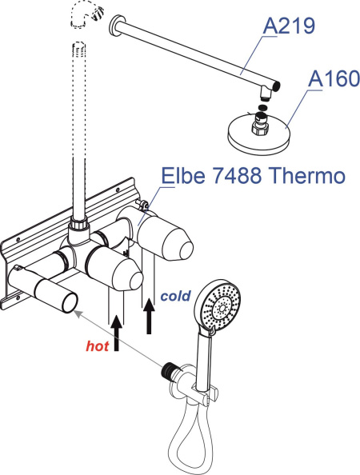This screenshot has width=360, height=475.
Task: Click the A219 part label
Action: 290,26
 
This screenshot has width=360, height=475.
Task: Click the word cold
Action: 174,296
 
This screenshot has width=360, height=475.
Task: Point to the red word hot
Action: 97,346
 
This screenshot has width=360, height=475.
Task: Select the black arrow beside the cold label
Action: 148,315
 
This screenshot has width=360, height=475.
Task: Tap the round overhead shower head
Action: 259,136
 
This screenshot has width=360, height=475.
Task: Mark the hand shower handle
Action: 202,352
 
